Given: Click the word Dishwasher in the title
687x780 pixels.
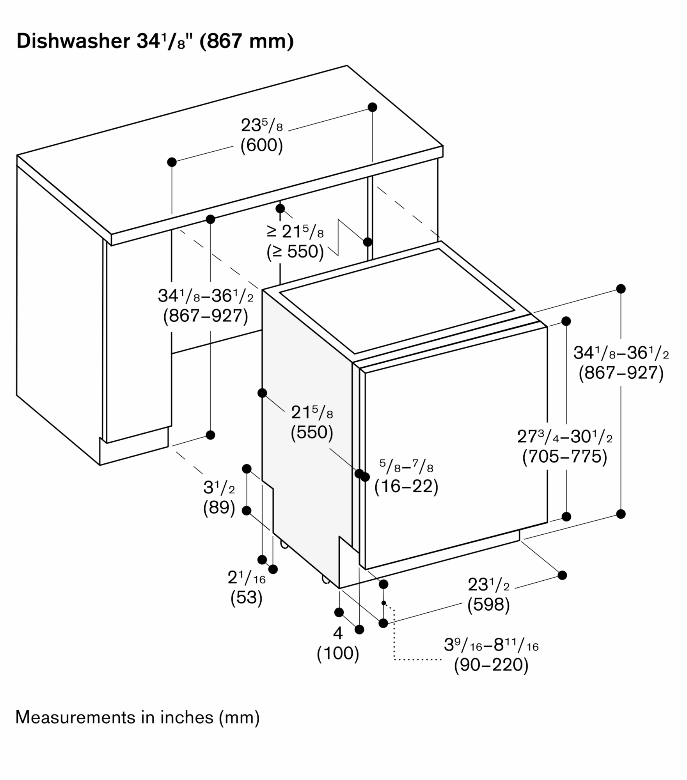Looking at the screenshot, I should tap(73, 41).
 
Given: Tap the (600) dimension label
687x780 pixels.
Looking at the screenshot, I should tap(261, 145).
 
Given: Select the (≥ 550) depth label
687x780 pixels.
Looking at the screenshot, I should tap(295, 252).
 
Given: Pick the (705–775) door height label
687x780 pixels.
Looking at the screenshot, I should tap(565, 456).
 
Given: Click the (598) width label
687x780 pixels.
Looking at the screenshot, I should tap(488, 604).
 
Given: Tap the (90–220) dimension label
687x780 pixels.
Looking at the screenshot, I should tap(491, 665).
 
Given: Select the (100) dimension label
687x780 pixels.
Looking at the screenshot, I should tap(338, 653).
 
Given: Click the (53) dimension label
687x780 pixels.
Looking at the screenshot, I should tap(246, 597).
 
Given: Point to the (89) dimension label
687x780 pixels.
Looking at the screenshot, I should tap(219, 507).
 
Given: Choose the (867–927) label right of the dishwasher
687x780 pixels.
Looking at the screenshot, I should tap(621, 373).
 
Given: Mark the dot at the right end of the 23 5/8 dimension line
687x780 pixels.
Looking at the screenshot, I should tap(373, 107).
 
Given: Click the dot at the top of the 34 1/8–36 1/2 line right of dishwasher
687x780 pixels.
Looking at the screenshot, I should tap(621, 289).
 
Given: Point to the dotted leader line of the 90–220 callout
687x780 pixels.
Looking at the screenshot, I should tap(395, 640).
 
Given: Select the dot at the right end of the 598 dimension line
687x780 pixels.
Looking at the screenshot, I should tap(562, 575).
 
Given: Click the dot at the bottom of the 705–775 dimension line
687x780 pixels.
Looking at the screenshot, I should tap(566, 517).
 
